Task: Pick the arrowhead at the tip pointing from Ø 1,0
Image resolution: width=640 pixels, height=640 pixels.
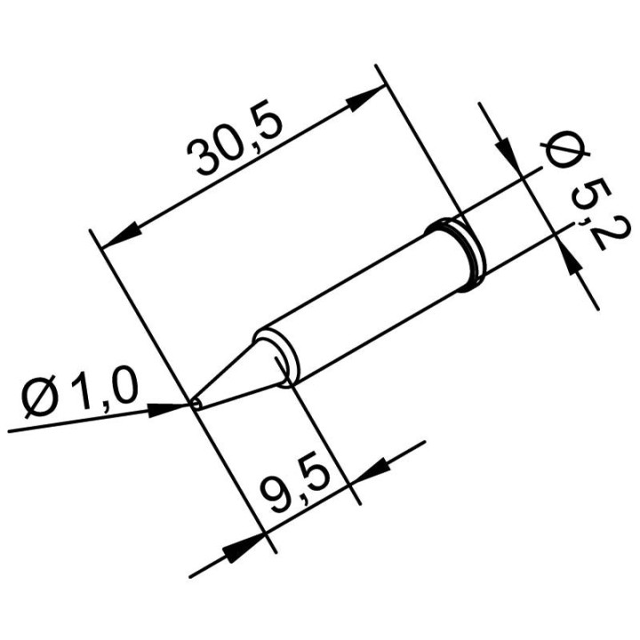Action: [x=174, y=410]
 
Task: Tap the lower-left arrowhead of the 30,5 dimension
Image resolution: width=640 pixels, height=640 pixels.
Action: [x=124, y=233]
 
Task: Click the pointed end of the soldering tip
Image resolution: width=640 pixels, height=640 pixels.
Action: [x=195, y=404]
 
